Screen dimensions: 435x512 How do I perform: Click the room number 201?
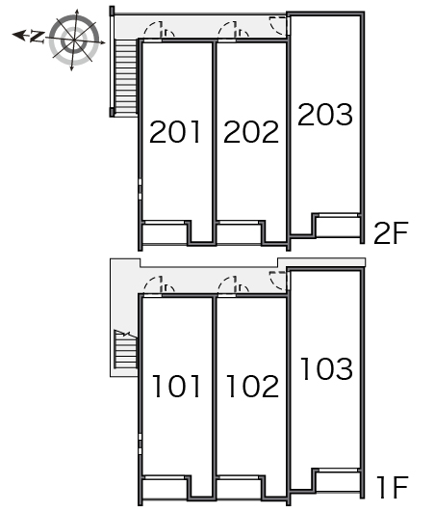(x=174, y=132)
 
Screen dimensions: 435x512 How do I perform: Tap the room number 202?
(x=251, y=132)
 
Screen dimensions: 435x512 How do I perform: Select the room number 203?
(x=325, y=115)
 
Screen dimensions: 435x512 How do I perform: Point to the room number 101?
(x=176, y=387)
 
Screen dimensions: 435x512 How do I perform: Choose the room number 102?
(x=252, y=387)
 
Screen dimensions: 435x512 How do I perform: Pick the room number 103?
(x=327, y=368)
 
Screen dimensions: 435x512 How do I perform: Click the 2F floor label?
(x=391, y=233)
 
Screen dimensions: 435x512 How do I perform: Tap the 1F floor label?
(x=392, y=487)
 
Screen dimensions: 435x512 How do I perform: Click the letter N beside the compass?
(x=38, y=37)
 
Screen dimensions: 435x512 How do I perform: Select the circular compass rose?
(x=74, y=40)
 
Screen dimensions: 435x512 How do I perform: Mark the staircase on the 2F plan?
(x=126, y=77)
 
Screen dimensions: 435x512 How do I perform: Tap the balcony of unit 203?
(x=338, y=227)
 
